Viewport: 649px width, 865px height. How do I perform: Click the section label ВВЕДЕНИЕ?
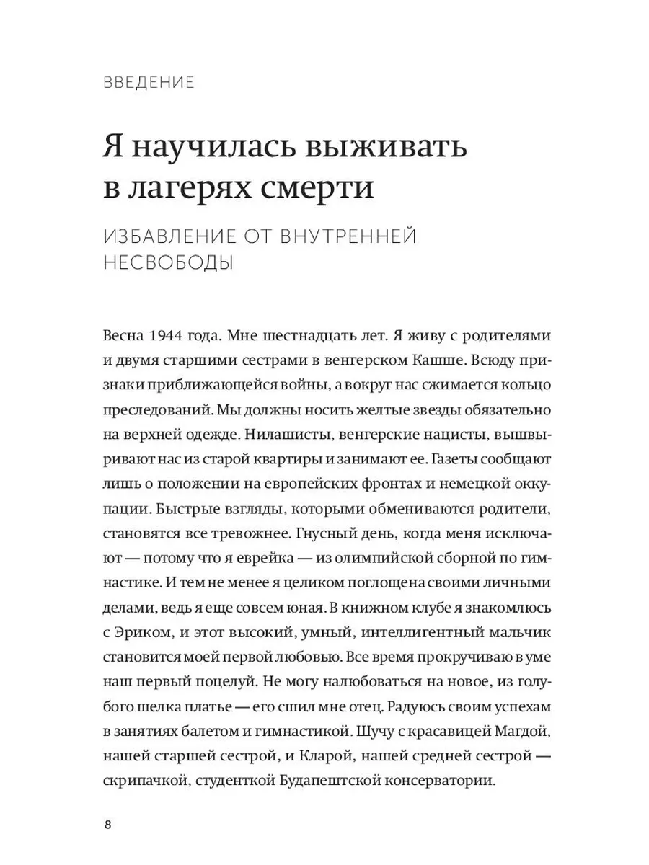(x=149, y=83)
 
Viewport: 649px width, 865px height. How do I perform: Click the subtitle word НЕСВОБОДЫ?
(x=169, y=264)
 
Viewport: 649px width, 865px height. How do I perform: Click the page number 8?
(x=107, y=825)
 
